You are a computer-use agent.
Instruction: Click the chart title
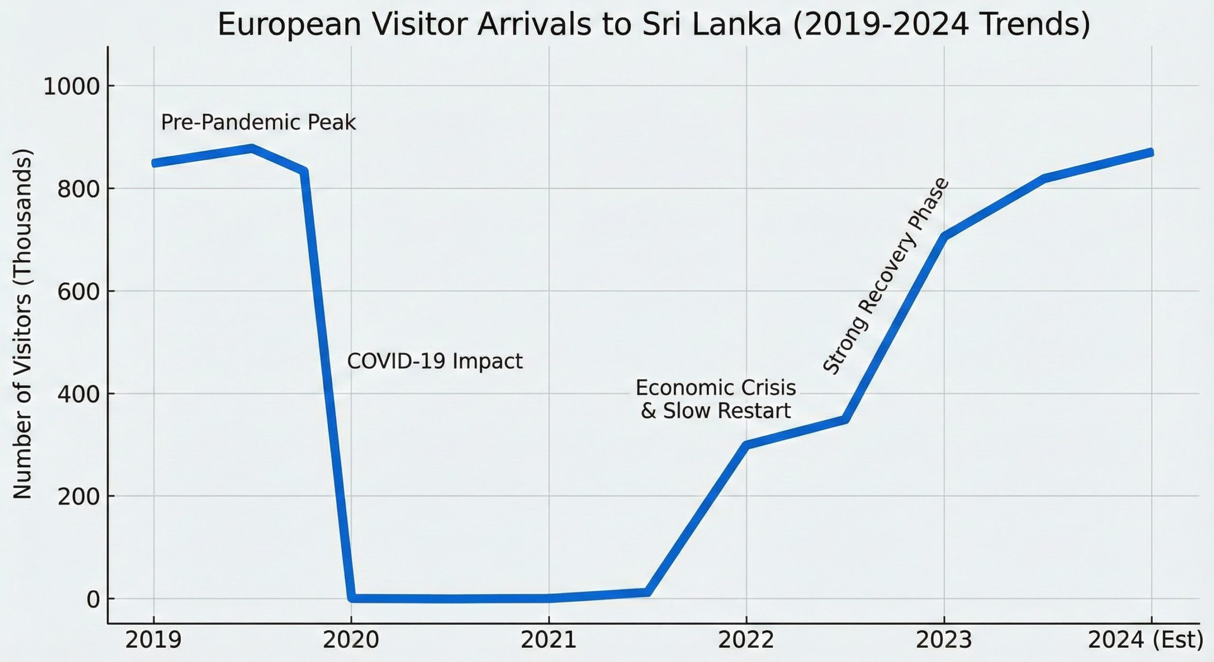pyautogui.click(x=653, y=25)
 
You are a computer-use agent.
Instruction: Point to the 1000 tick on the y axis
pyautogui.click(x=72, y=87)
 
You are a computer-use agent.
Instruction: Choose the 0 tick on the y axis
pyautogui.click(x=93, y=599)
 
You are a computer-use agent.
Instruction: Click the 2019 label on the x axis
pyautogui.click(x=153, y=640)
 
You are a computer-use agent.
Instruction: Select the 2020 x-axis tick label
pyautogui.click(x=351, y=640)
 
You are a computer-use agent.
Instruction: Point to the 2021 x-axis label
pyautogui.click(x=549, y=640)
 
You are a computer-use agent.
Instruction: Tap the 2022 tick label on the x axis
pyautogui.click(x=746, y=640)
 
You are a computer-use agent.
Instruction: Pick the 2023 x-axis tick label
pyautogui.click(x=944, y=640)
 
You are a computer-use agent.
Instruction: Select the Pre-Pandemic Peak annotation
pyautogui.click(x=258, y=122)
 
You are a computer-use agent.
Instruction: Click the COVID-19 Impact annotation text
pyautogui.click(x=435, y=361)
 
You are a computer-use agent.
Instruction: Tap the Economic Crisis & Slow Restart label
pyautogui.click(x=716, y=399)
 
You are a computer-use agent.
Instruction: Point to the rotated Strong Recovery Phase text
pyautogui.click(x=886, y=276)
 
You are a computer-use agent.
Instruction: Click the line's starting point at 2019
pyautogui.click(x=154, y=163)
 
